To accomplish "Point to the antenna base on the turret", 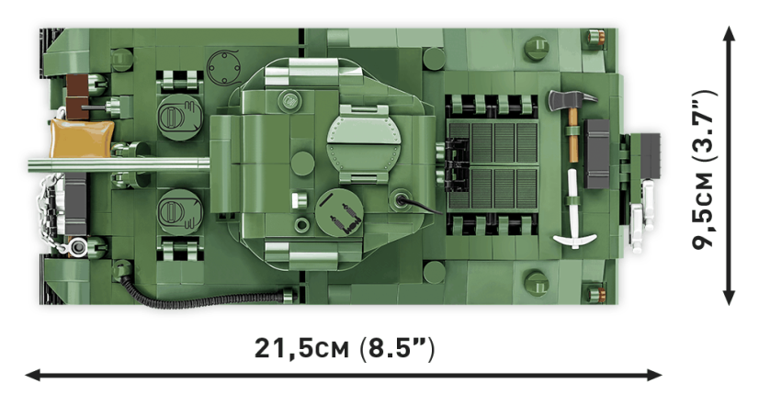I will click(402, 199).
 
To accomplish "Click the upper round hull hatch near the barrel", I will click(174, 116).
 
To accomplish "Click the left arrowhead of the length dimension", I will click(30, 375).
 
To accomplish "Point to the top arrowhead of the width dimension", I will click(729, 33).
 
